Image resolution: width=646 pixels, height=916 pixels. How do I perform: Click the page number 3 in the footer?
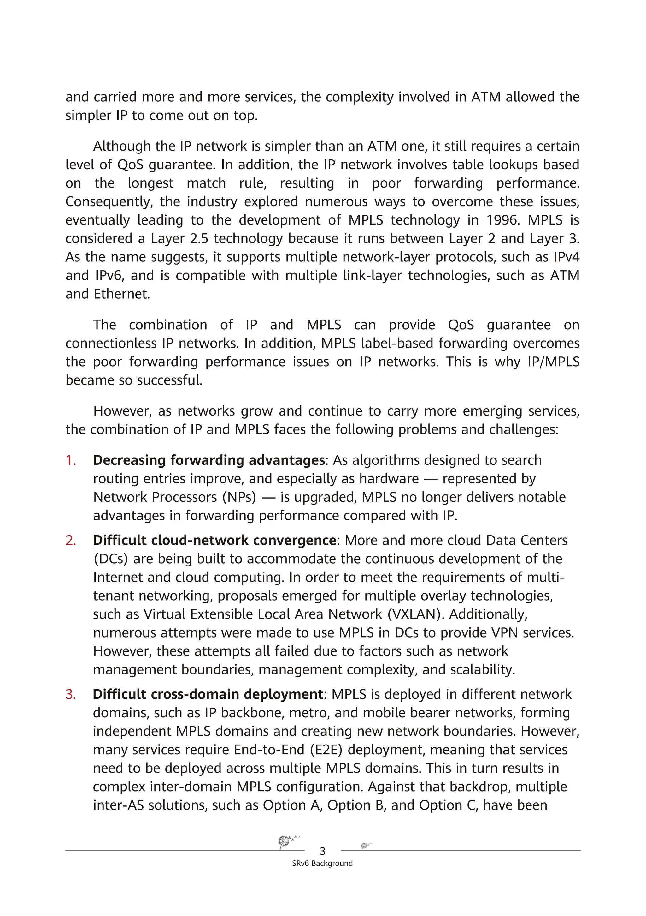322,851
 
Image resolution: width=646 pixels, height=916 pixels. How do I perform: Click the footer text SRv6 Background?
322,863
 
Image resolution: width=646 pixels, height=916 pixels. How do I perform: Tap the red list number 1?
71,460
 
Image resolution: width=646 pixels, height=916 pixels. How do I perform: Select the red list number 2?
71,540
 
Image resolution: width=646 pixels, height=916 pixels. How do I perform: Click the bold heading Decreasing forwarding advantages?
209,460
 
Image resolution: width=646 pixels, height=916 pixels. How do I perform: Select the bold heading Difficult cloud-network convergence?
214,540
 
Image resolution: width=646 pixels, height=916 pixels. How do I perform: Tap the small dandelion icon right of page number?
365,845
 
